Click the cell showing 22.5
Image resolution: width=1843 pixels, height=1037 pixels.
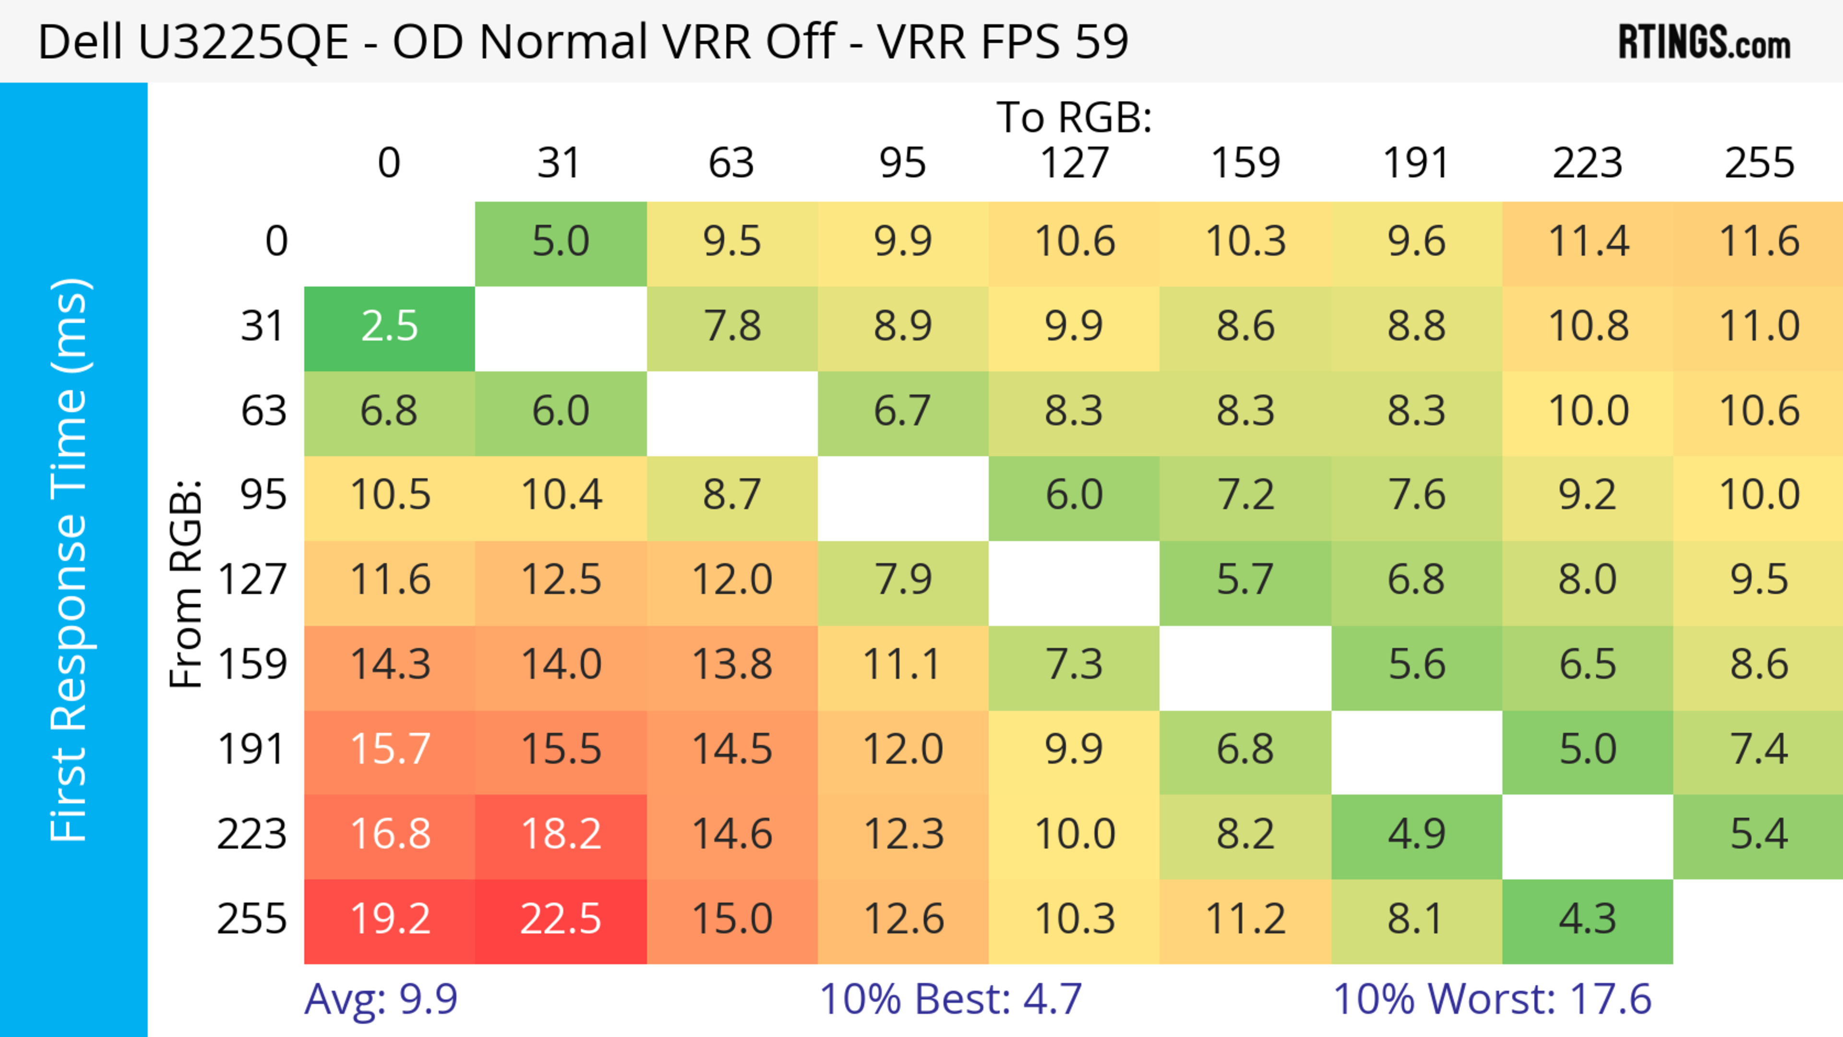pyautogui.click(x=561, y=920)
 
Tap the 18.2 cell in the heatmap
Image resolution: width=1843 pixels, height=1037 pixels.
pyautogui.click(x=561, y=834)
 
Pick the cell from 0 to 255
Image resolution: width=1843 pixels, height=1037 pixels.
pyautogui.click(x=1759, y=242)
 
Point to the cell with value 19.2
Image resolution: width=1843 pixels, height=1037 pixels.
pyautogui.click(x=389, y=920)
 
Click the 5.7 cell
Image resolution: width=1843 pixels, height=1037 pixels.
pyautogui.click(x=1245, y=581)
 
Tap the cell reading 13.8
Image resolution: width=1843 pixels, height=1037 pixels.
pyautogui.click(x=732, y=665)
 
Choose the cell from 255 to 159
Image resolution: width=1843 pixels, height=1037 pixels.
pyautogui.click(x=1245, y=920)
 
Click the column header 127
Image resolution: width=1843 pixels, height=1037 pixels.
pyautogui.click(x=1074, y=163)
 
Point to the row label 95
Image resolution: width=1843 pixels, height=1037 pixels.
pyautogui.click(x=263, y=495)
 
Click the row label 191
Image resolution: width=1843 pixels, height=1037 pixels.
pyautogui.click(x=252, y=750)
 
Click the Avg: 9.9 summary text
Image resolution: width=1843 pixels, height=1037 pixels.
pyautogui.click(x=381, y=999)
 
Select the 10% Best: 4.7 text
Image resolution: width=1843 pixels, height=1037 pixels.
pyautogui.click(x=950, y=999)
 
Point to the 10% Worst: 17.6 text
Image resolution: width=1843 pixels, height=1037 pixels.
pyautogui.click(x=1493, y=999)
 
